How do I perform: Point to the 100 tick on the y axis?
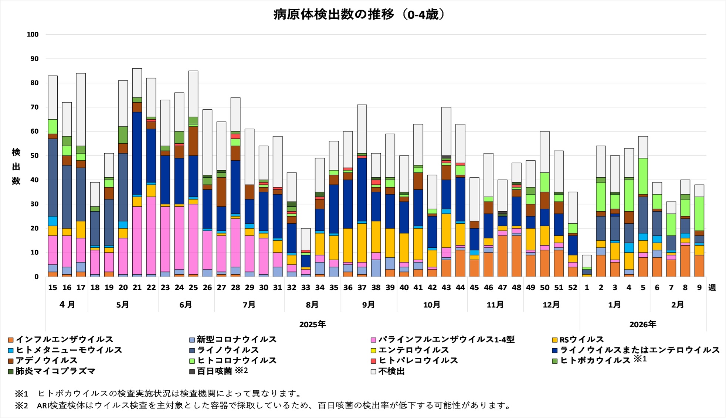[x=33, y=34]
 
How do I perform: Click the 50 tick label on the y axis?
[x=34, y=155]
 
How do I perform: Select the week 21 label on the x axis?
[x=137, y=288]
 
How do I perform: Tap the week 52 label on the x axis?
[x=573, y=288]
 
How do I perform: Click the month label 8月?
[x=312, y=305]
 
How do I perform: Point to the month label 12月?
[x=551, y=305]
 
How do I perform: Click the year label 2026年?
[x=643, y=324]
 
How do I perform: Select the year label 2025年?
[x=312, y=324]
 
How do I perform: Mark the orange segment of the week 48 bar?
[x=516, y=256]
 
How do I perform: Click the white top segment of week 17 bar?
[x=81, y=109]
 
